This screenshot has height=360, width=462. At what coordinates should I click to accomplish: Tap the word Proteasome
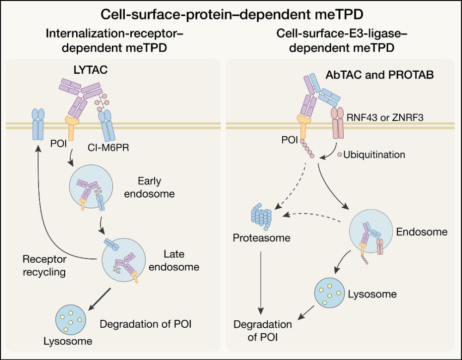261,238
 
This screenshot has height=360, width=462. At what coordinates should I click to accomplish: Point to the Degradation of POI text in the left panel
146,324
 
